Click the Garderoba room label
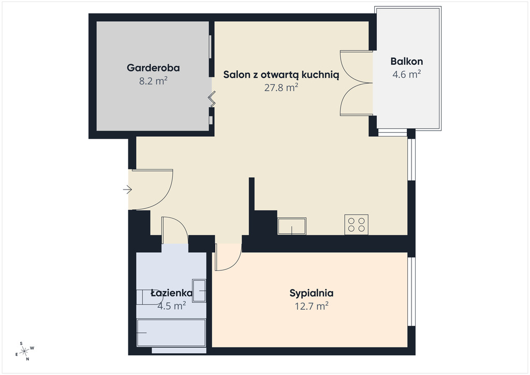click(153, 68)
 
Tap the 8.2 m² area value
click(153, 81)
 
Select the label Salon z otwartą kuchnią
click(281, 75)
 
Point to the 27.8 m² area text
click(281, 88)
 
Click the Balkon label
click(407, 61)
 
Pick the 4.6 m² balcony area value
click(407, 75)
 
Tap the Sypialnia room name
click(311, 293)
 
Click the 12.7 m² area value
click(312, 306)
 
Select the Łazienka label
click(172, 293)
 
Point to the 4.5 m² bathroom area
click(172, 306)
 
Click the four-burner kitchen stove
click(356, 224)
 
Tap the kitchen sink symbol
click(292, 226)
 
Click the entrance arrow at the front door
click(127, 190)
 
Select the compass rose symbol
click(25, 351)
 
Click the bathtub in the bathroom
click(171, 333)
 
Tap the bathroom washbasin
click(199, 291)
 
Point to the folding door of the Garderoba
click(212, 99)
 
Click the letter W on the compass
click(33, 348)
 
